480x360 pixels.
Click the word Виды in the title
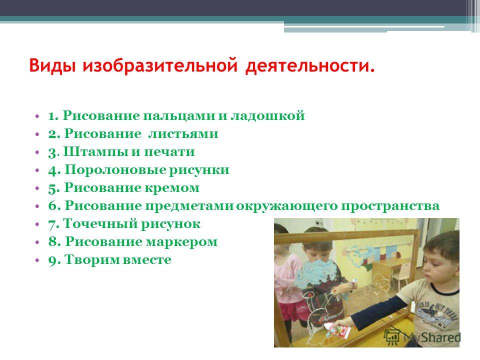pyautogui.click(x=52, y=65)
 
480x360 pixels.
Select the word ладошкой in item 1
pyautogui.click(x=267, y=115)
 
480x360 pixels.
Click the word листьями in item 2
pyautogui.click(x=183, y=134)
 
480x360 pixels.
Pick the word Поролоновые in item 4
pyautogui.click(x=115, y=169)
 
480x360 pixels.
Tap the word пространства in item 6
pyautogui.click(x=390, y=205)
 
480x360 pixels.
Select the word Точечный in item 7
pyautogui.click(x=99, y=224)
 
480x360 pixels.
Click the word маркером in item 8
pyautogui.click(x=181, y=242)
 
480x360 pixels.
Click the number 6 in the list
pyautogui.click(x=52, y=205)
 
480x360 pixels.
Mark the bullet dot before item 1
pyautogui.click(x=37, y=116)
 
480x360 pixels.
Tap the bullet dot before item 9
pyautogui.click(x=37, y=260)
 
